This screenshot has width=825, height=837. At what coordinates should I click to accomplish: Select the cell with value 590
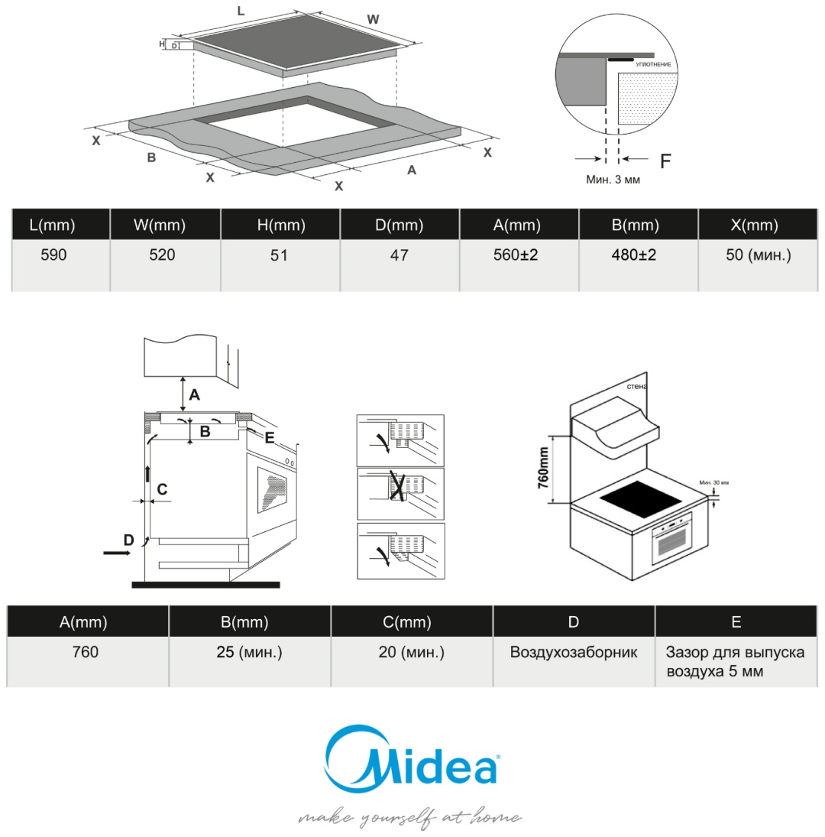point(53,255)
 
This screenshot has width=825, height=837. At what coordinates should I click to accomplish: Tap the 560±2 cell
point(516,255)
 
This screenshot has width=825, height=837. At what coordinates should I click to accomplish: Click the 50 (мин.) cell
point(758,255)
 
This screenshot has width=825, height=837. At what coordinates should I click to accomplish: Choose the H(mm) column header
point(280,225)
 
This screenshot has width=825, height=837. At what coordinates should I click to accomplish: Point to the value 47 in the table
point(399,255)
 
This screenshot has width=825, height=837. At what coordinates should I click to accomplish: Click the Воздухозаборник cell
point(574,654)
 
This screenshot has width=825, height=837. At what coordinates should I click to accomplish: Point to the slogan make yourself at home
point(409,818)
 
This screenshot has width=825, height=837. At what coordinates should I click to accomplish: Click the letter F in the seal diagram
point(665,161)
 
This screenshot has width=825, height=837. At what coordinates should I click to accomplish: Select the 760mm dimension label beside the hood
point(543,468)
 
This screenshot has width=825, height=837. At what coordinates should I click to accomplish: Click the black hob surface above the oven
point(640,499)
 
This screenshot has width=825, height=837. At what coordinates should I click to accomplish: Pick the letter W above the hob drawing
point(373,20)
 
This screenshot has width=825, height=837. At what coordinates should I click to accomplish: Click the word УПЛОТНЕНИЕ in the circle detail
point(653,65)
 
